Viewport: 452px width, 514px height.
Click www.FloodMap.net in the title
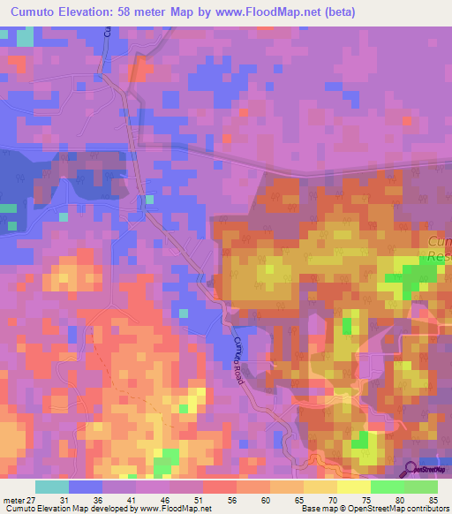pos(291,12)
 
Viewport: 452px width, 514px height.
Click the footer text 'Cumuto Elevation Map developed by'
pos(62,508)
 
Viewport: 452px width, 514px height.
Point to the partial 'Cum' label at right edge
pos(439,242)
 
